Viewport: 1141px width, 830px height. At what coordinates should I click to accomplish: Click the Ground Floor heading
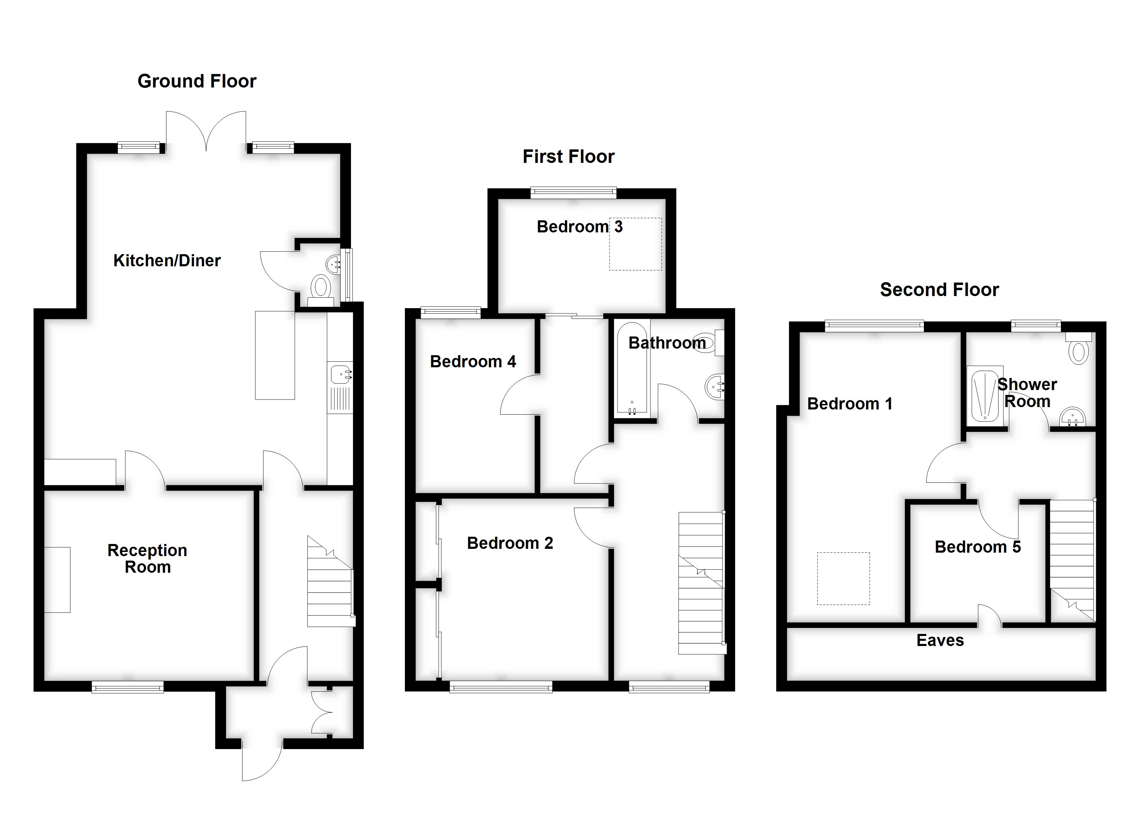(x=197, y=81)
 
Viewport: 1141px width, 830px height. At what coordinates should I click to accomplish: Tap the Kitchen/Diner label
(x=167, y=261)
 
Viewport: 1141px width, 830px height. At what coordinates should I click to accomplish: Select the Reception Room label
(x=147, y=559)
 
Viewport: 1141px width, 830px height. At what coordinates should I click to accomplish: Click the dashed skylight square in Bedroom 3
(x=636, y=244)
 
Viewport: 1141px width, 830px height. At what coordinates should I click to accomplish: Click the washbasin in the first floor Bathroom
(x=715, y=387)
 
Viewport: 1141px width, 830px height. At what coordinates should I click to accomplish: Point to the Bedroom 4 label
(x=473, y=361)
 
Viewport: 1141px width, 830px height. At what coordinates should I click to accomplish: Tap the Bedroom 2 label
(x=510, y=543)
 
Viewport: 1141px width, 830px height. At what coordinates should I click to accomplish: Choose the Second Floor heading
(x=939, y=290)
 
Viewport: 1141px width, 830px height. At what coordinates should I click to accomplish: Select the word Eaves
(x=940, y=641)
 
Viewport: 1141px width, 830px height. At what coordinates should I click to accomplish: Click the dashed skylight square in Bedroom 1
(x=843, y=579)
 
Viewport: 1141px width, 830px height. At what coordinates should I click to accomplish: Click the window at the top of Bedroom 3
(x=574, y=192)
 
